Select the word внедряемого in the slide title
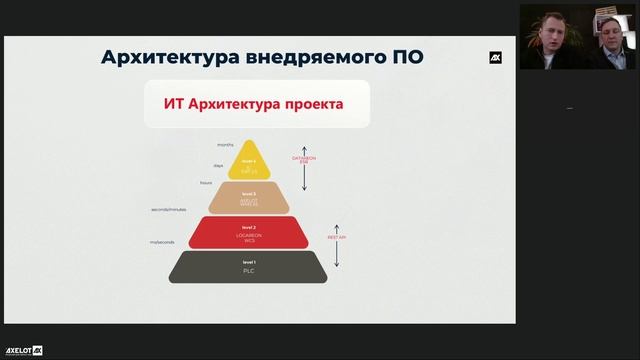tap(306, 57)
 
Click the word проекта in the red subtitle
tap(307, 104)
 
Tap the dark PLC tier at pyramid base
tap(248, 267)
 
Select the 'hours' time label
tap(205, 183)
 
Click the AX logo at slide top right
tap(495, 58)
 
